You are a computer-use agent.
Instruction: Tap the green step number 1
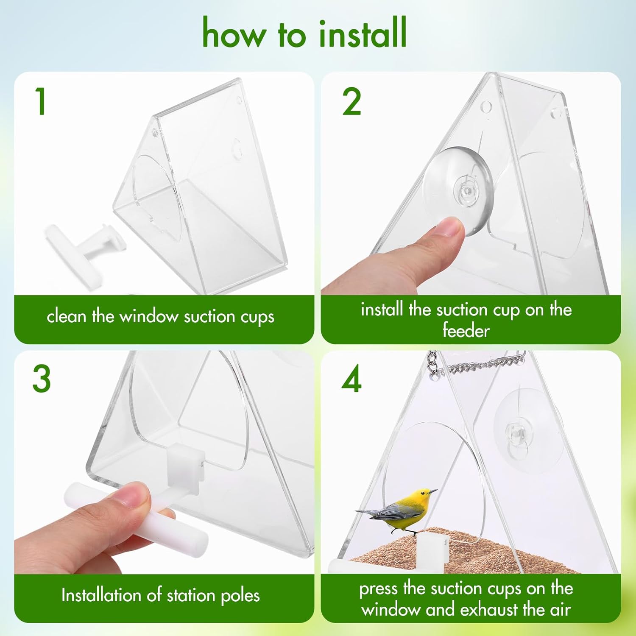[41, 101]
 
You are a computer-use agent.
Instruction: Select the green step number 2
[351, 102]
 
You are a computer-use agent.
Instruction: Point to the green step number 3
[42, 379]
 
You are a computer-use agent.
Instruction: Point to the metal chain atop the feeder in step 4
[479, 365]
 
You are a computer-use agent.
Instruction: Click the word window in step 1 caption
[148, 317]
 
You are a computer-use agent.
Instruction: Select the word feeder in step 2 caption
[466, 330]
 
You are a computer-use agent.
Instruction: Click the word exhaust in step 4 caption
[489, 610]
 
